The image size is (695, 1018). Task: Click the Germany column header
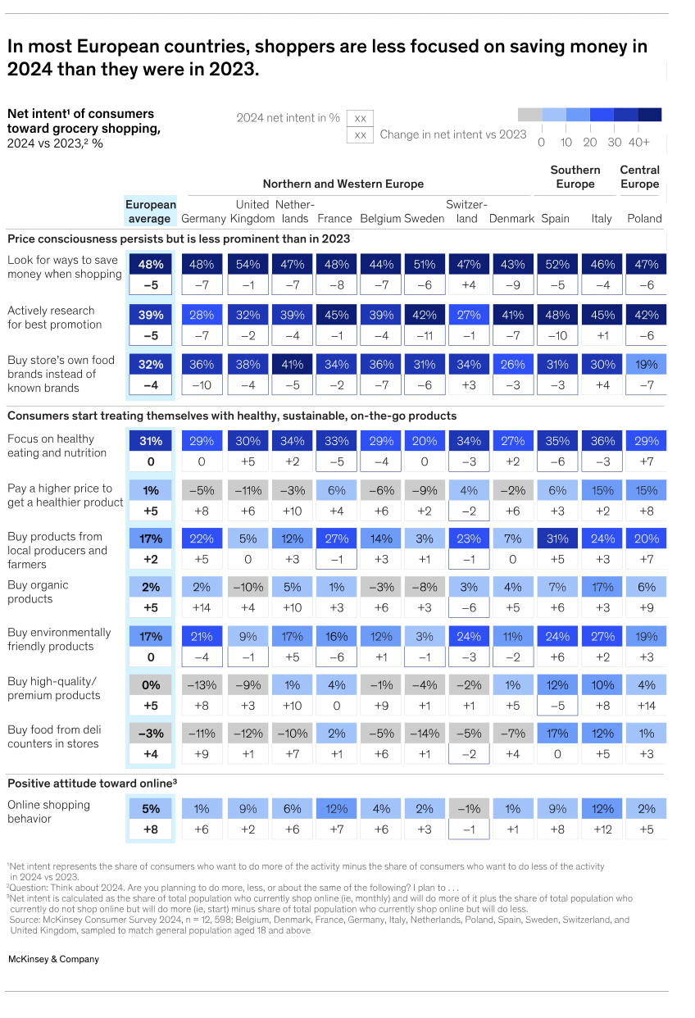pyautogui.click(x=202, y=219)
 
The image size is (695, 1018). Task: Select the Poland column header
pyautogui.click(x=644, y=219)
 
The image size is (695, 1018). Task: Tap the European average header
pyautogui.click(x=150, y=211)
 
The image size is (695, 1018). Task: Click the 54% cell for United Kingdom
pyautogui.click(x=248, y=265)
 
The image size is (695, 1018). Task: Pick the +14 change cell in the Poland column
pyautogui.click(x=645, y=704)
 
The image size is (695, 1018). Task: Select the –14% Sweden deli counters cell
pyautogui.click(x=425, y=734)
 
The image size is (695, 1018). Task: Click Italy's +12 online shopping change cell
pyautogui.click(x=601, y=829)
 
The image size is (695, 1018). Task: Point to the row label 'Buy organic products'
pyautogui.click(x=39, y=592)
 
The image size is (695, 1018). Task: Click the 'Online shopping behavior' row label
pyautogui.click(x=48, y=811)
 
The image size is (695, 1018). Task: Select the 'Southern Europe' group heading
pyautogui.click(x=575, y=177)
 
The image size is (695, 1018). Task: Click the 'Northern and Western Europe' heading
pyautogui.click(x=343, y=184)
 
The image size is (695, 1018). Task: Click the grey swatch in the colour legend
pyautogui.click(x=529, y=116)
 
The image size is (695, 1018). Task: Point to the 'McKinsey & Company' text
pyautogui.click(x=53, y=959)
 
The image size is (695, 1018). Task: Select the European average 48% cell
pyautogui.click(x=150, y=265)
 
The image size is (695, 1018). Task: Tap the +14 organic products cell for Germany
pyautogui.click(x=202, y=607)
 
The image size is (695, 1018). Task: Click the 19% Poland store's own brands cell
pyautogui.click(x=645, y=365)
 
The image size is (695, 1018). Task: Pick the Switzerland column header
pyautogui.click(x=466, y=211)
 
